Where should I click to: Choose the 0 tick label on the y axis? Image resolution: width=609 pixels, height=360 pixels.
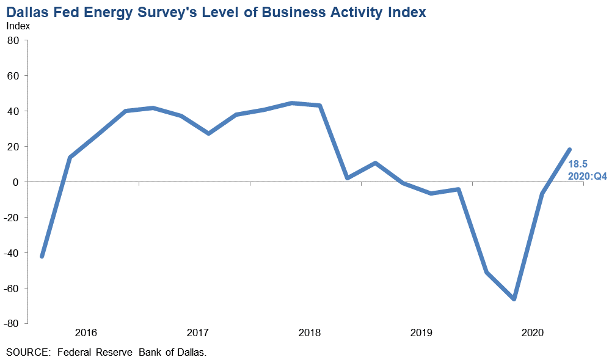pyautogui.click(x=16, y=182)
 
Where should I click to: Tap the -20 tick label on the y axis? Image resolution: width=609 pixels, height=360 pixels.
pyautogui.click(x=12, y=218)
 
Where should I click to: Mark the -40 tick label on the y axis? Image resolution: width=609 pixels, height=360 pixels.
pyautogui.click(x=12, y=253)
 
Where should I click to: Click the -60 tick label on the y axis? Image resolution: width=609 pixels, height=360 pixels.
pyautogui.click(x=12, y=288)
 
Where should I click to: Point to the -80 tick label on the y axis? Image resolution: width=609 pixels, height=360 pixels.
pyautogui.click(x=12, y=324)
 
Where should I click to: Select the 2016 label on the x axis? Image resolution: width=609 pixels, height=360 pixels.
pyautogui.click(x=86, y=333)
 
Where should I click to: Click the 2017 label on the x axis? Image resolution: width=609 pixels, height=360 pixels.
pyautogui.click(x=198, y=333)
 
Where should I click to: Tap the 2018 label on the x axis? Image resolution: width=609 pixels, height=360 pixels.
pyautogui.click(x=310, y=333)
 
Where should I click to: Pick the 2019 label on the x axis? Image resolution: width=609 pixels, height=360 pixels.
pyautogui.click(x=421, y=333)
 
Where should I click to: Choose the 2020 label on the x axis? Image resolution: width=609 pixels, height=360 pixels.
pyautogui.click(x=533, y=333)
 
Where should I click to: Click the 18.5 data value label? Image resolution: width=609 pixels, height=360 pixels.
pyautogui.click(x=578, y=164)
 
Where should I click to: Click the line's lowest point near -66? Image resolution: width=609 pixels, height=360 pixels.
pyautogui.click(x=514, y=299)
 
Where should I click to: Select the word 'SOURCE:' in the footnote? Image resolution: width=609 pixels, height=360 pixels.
pyautogui.click(x=26, y=352)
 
